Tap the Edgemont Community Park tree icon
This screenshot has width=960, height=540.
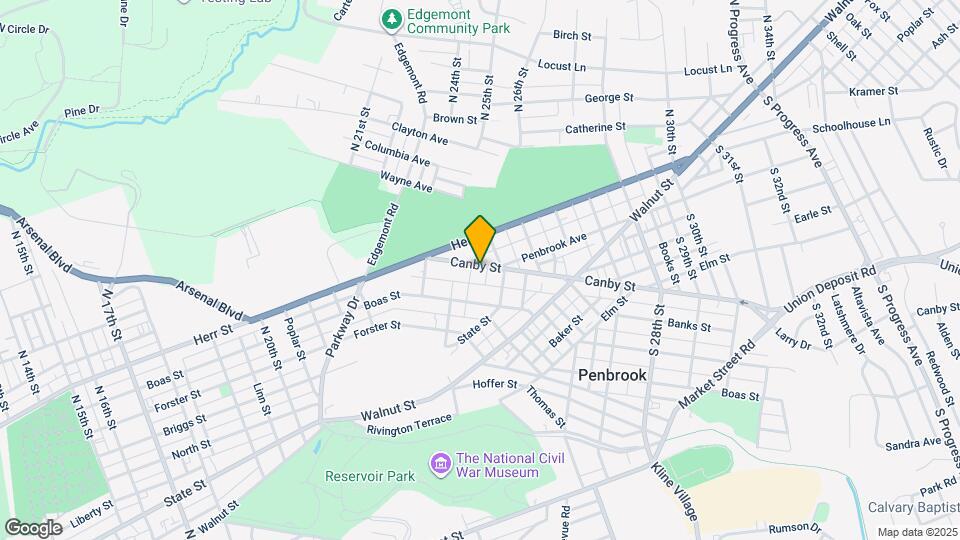(x=393, y=19)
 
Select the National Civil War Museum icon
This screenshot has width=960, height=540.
(x=439, y=464)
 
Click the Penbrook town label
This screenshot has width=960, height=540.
(x=612, y=375)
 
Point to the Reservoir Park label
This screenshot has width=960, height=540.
(x=370, y=476)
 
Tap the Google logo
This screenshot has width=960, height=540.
(x=33, y=527)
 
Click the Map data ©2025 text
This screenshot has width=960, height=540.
(x=918, y=532)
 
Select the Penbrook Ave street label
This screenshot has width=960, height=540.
(x=553, y=246)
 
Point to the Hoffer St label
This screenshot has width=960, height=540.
(x=494, y=384)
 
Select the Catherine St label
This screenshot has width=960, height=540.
(x=595, y=128)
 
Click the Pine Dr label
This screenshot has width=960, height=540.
(x=82, y=110)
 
